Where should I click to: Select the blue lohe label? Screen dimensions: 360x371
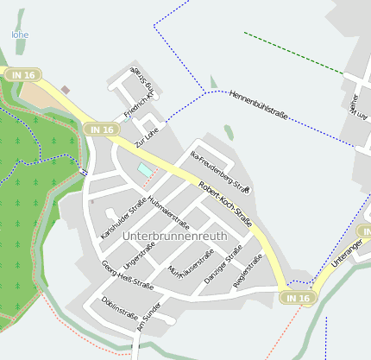click(x=19, y=35)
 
